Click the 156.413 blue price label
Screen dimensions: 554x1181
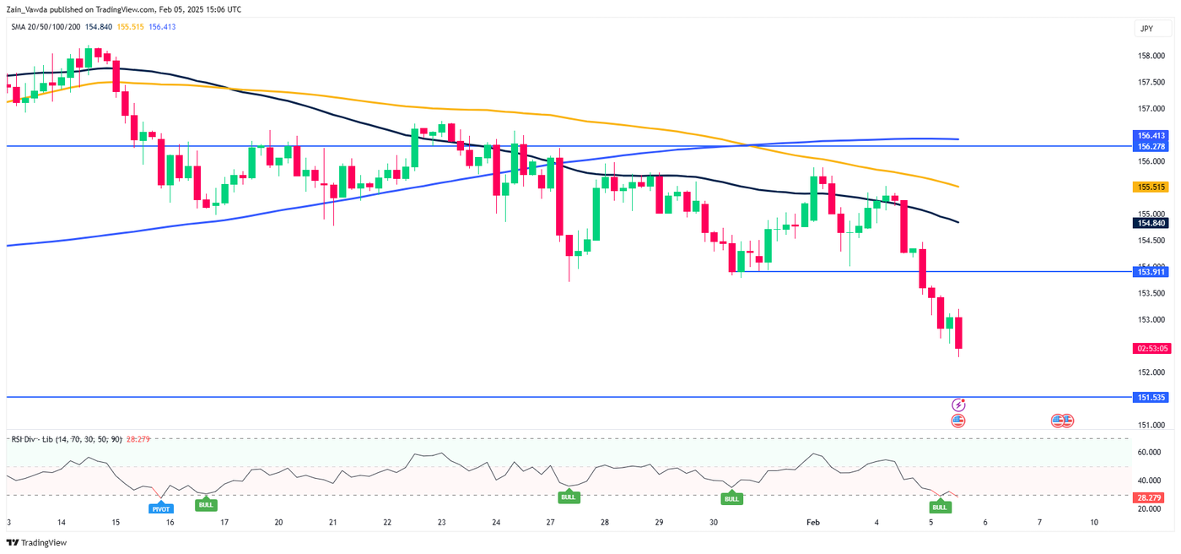coord(1151,135)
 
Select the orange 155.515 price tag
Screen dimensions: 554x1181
coord(1151,187)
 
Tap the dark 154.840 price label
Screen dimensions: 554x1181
coord(1151,223)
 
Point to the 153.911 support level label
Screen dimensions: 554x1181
coord(1151,272)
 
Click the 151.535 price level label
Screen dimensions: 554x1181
coord(1151,396)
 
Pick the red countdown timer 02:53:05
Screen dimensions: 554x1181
coord(1151,348)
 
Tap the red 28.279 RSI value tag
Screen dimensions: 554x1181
coord(1151,497)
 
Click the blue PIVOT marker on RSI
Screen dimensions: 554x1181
coord(160,509)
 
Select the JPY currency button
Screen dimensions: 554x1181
coord(1146,29)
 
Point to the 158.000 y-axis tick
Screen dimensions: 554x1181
coord(1151,57)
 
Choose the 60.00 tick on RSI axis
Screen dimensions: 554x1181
coord(1151,452)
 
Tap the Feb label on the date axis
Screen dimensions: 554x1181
coord(812,523)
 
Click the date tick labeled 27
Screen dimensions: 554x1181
coord(550,523)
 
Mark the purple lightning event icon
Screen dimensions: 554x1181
coord(958,405)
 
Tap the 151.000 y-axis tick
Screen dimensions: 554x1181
coord(1151,425)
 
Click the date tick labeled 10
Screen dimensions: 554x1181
coord(1093,523)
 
